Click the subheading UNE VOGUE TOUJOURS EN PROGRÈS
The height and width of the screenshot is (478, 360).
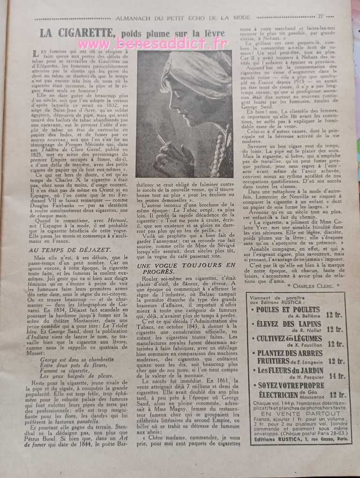[x=186, y=268]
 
